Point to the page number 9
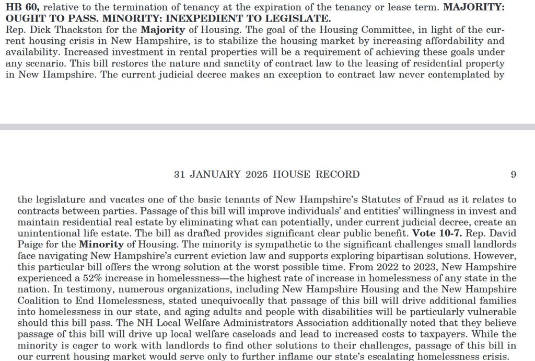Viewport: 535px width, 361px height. pos(513,175)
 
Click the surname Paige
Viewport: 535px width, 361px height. pos(32,244)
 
